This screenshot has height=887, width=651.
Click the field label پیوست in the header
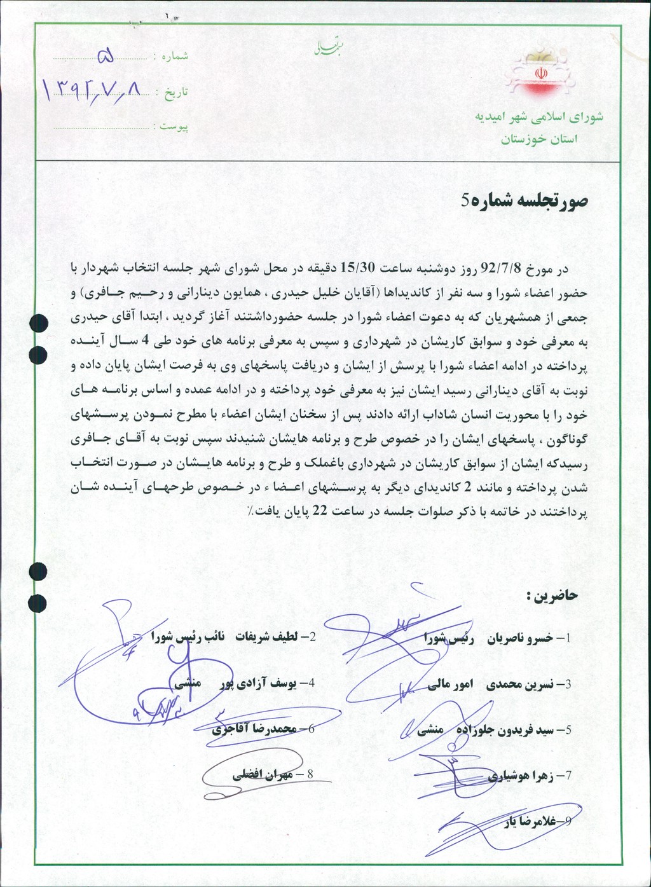point(174,127)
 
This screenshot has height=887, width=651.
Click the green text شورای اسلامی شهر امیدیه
point(539,118)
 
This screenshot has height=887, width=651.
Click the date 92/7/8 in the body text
point(502,268)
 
